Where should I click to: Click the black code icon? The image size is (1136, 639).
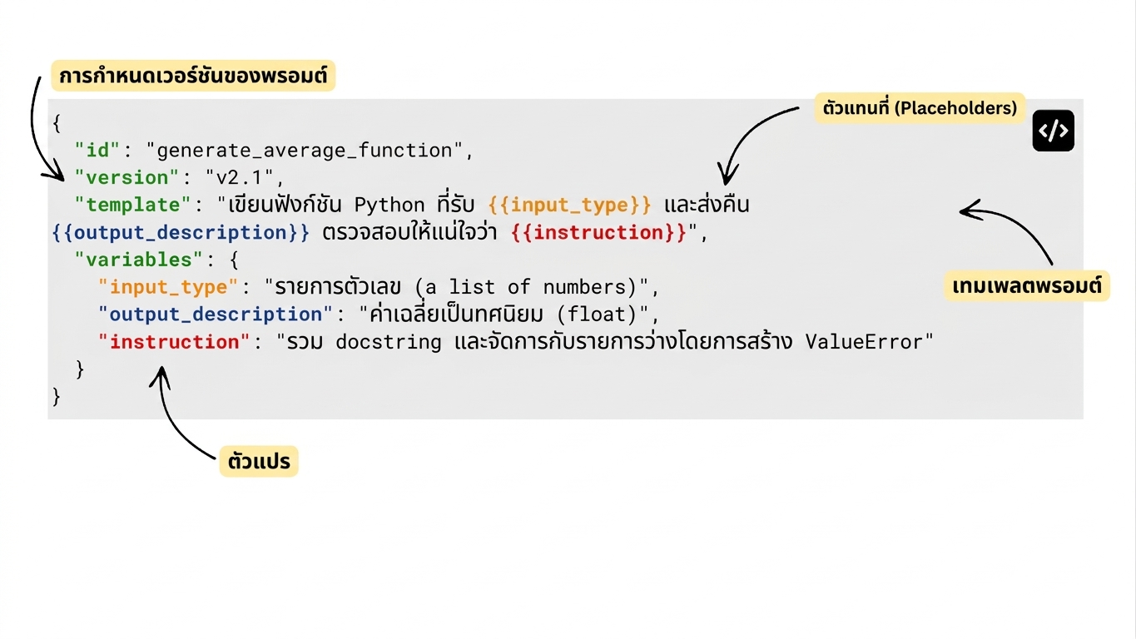coord(1054,131)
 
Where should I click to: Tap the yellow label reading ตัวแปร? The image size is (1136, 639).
coord(259,462)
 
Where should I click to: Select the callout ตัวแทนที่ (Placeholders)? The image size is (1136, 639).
coord(920,108)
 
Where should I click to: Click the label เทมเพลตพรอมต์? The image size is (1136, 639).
coord(1027,286)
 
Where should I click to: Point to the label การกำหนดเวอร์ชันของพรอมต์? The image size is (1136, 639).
coord(193,76)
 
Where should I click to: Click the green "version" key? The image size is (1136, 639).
coord(126,177)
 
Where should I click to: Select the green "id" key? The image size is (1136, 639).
coord(97,150)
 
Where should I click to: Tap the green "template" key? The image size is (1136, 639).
coord(133,205)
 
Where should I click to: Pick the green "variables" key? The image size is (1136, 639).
coord(138,260)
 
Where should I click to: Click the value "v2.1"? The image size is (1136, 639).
coord(240,177)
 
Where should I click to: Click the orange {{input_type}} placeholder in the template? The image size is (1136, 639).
coord(569,205)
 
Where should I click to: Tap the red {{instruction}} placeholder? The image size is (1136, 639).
coord(599,233)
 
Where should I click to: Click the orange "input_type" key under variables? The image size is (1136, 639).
coord(168,287)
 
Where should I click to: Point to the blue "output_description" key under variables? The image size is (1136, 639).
coord(216,315)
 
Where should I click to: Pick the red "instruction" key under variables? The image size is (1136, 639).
coord(174,342)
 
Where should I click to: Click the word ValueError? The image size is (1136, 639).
coord(864,342)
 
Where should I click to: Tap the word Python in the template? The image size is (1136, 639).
coord(389,205)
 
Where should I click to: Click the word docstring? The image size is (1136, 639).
coord(389,342)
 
